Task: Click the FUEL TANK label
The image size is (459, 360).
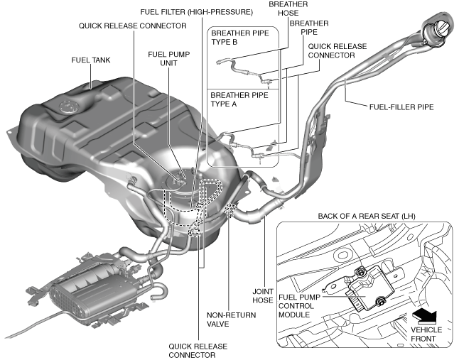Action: coord(91,60)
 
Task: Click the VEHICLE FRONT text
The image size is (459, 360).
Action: coord(426,334)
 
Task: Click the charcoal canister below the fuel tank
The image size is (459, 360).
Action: coord(89,288)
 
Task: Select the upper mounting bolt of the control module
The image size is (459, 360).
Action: coord(361,271)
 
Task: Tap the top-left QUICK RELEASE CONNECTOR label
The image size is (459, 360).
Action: coord(133,26)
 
